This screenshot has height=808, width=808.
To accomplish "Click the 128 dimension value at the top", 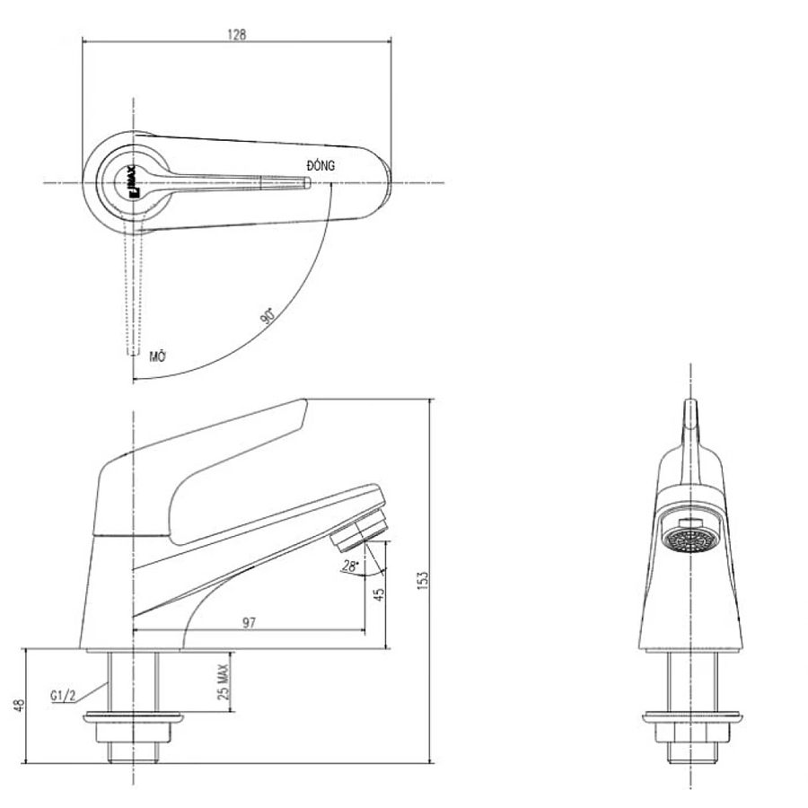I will (x=237, y=34).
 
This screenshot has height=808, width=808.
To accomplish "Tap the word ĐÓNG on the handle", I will (x=321, y=165).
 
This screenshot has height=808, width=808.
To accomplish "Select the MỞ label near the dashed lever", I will (x=159, y=356).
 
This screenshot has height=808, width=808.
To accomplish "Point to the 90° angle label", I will (x=267, y=315).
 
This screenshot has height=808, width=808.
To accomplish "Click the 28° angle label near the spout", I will (x=350, y=566).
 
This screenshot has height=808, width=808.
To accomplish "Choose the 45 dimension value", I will (x=379, y=593).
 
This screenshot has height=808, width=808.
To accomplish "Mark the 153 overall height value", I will (x=423, y=582).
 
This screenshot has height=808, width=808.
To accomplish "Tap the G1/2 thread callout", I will (x=62, y=695).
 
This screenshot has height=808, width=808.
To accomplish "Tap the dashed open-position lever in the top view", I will (x=133, y=287).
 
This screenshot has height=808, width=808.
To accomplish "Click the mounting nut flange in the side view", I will (x=132, y=718).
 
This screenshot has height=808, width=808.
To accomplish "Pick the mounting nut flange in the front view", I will (x=690, y=716).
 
